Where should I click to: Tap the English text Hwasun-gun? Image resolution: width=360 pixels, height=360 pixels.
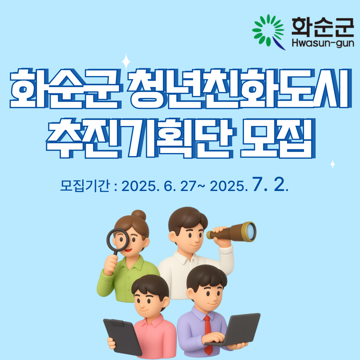coord(323,43)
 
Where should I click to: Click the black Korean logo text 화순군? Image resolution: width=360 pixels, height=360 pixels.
coord(323,27)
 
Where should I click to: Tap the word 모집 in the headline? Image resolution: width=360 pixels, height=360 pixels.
coord(278,138)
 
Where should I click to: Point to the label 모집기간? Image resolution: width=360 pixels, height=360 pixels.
coord(85,186)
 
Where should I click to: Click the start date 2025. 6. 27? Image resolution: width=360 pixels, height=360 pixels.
coord(159,186)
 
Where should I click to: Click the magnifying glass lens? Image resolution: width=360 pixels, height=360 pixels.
coord(118,239)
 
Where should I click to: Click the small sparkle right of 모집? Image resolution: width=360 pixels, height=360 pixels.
coord(333,164)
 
